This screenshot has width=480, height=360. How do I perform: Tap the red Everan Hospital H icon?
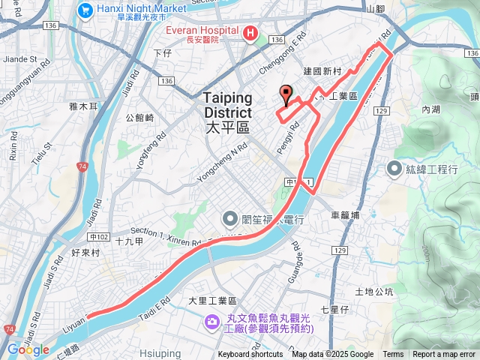(250, 33)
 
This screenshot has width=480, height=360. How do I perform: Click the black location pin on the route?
(285, 95)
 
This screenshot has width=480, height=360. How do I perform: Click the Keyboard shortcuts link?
(250, 355)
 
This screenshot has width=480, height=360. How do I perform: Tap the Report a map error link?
(444, 355)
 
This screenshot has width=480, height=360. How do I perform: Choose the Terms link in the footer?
(393, 355)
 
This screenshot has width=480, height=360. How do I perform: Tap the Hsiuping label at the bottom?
(157, 352)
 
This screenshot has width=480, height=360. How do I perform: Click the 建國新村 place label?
(322, 71)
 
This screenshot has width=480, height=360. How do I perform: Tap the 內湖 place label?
(430, 109)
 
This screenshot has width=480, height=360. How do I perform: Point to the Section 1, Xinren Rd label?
(166, 237)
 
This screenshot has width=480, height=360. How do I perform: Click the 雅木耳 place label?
(83, 107)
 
